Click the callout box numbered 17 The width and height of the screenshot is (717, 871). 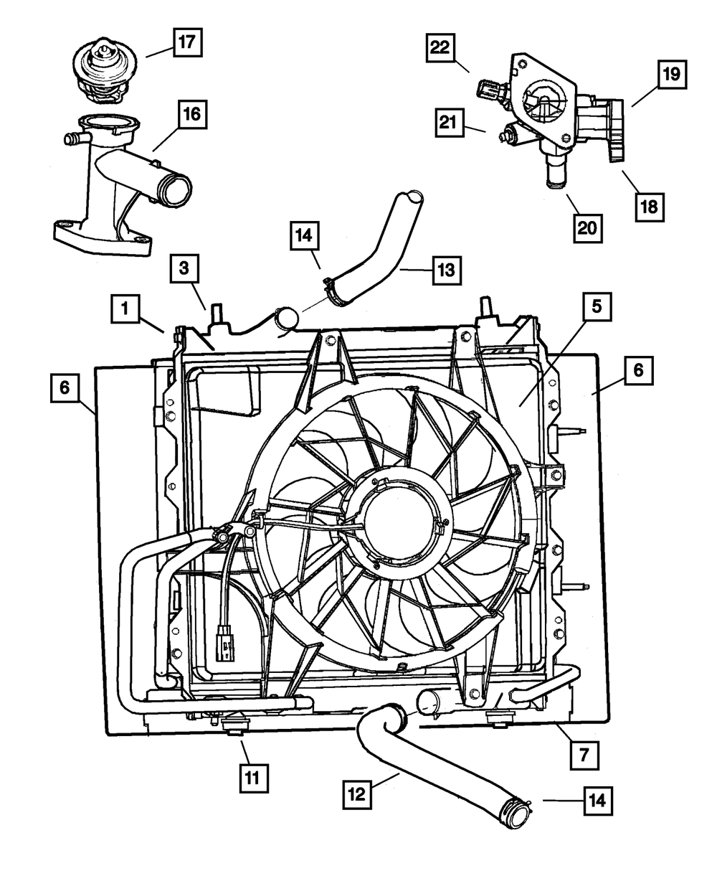[x=186, y=42]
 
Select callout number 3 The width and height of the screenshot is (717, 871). [x=184, y=270]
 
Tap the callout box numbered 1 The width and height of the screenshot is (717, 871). [x=125, y=309]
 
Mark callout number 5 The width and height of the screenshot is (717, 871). [x=596, y=309]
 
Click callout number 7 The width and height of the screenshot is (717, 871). [x=584, y=755]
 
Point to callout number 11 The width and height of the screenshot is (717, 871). [x=255, y=776]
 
